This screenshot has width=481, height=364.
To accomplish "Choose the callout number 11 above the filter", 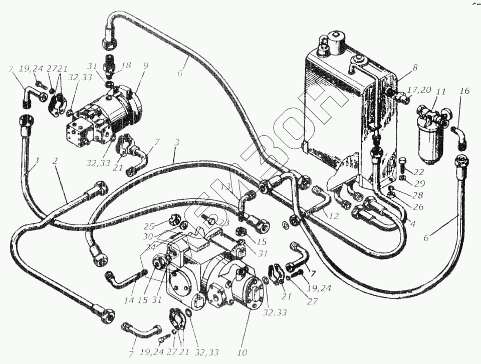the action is pos(440,93).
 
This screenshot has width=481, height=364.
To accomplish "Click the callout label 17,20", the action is pos(419,90).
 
